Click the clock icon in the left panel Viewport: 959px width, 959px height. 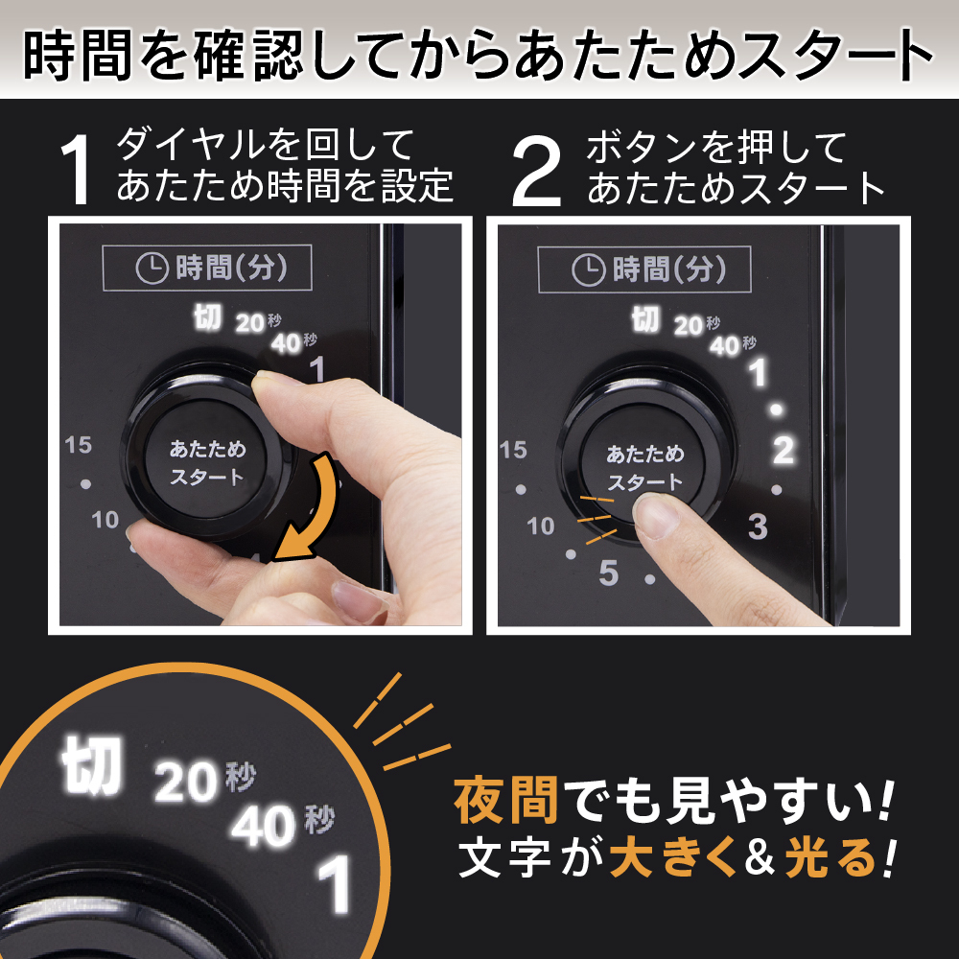point(151,269)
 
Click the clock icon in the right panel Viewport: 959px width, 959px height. point(587,269)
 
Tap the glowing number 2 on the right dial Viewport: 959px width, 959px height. point(784,450)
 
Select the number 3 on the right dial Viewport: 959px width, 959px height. point(758,526)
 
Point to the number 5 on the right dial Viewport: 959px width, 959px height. point(609,573)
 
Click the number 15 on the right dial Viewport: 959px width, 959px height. point(514,449)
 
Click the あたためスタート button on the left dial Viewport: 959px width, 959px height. point(207,462)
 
